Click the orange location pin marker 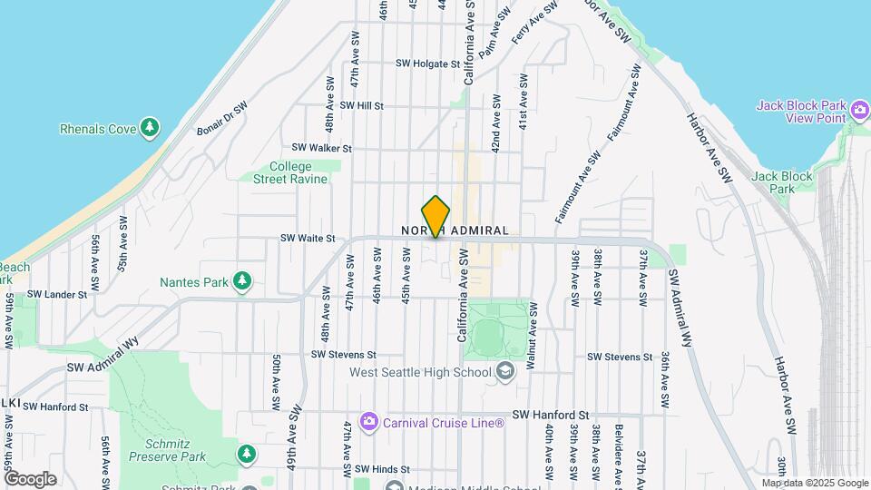pos(436,216)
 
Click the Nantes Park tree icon pos(242,281)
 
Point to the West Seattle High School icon pos(504,371)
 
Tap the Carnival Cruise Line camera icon pos(369,422)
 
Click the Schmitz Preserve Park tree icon pos(246,453)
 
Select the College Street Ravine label pos(290,172)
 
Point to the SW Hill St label pos(362,105)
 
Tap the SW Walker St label pos(321,148)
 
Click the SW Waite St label pos(308,238)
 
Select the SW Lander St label pos(57,294)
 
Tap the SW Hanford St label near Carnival pos(551,414)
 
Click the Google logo pos(30,479)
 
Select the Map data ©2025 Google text pos(814,483)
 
